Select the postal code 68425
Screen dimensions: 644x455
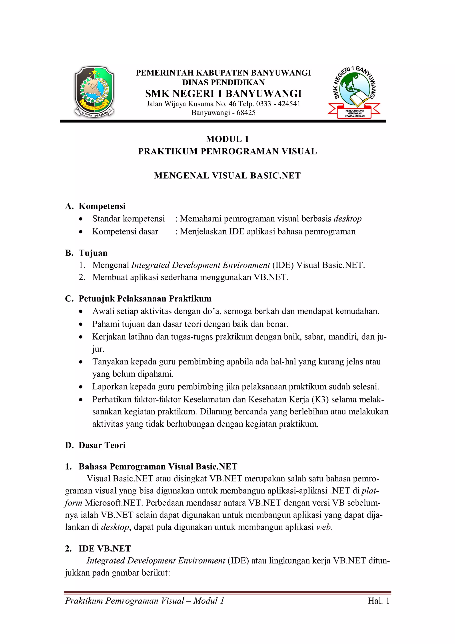(x=246, y=112)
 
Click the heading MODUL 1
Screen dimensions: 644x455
(x=227, y=139)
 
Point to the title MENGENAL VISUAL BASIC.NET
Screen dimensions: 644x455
(x=227, y=176)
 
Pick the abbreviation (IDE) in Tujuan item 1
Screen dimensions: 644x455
(x=283, y=265)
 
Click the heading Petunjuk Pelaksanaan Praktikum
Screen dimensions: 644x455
(x=145, y=298)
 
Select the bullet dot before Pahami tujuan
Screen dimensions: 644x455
(x=81, y=324)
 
